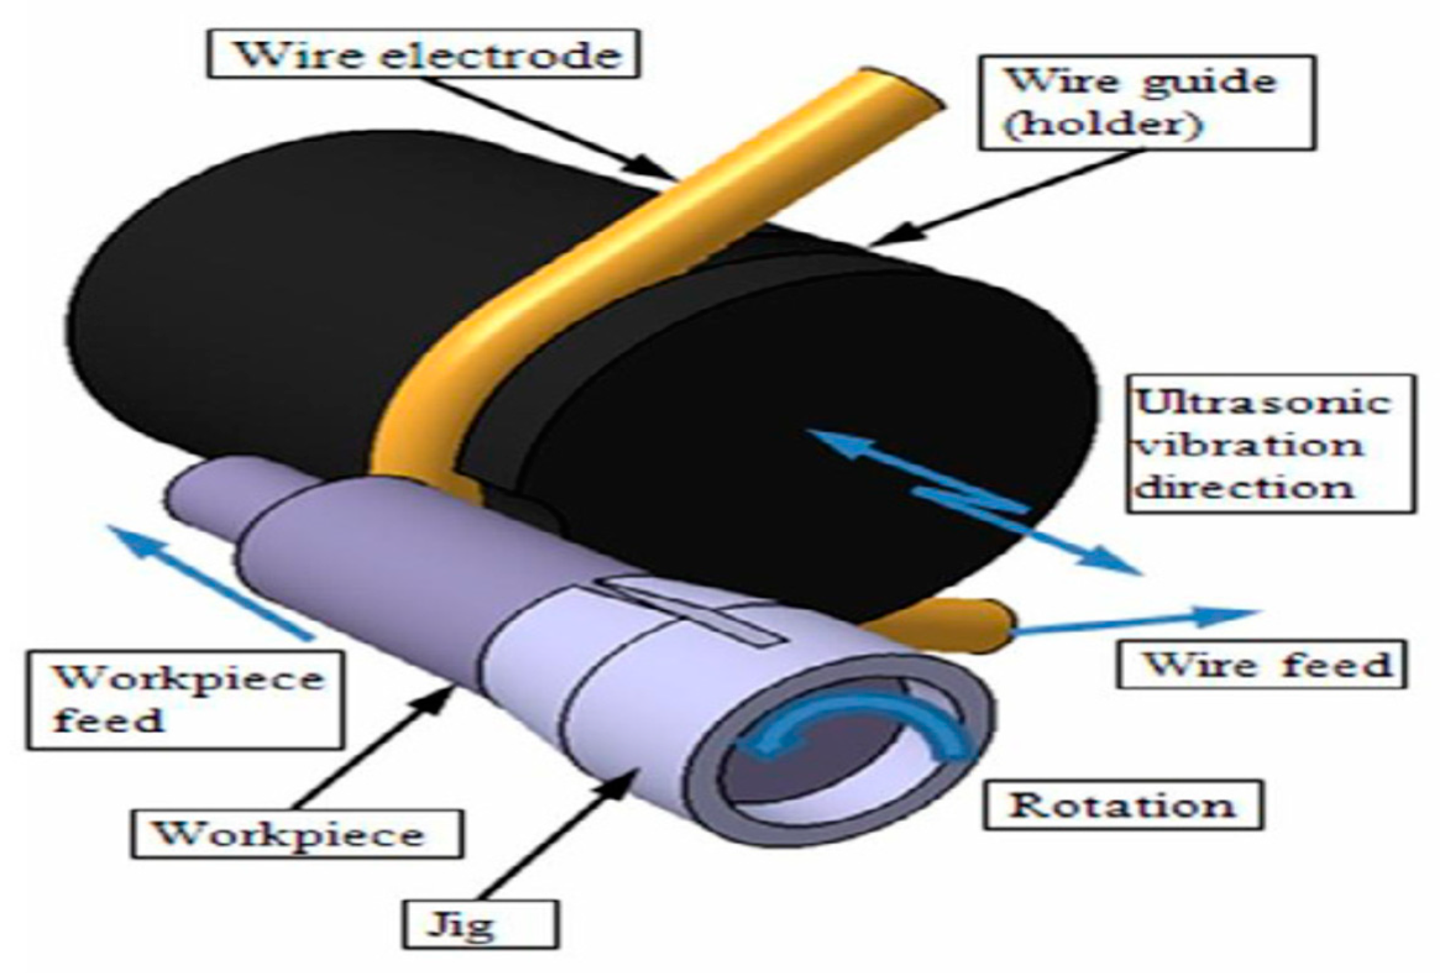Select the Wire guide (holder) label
(x=1146, y=103)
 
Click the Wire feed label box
(x=1261, y=665)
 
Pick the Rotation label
(x=1122, y=806)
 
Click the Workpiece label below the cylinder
(x=296, y=834)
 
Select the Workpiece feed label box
(x=184, y=699)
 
